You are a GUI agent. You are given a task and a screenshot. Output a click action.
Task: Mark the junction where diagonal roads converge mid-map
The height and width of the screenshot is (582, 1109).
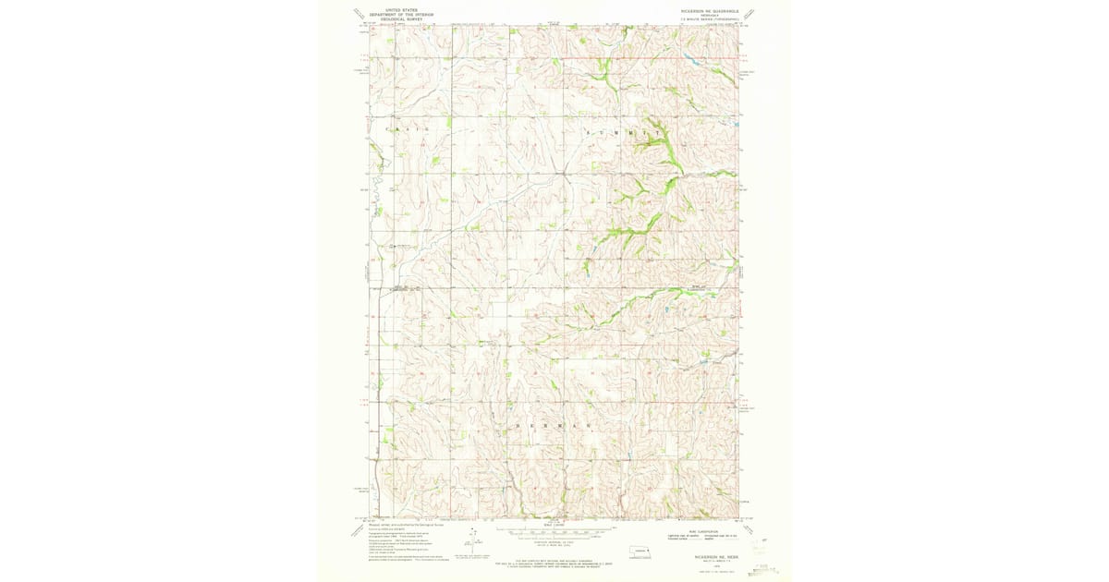[562, 172]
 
